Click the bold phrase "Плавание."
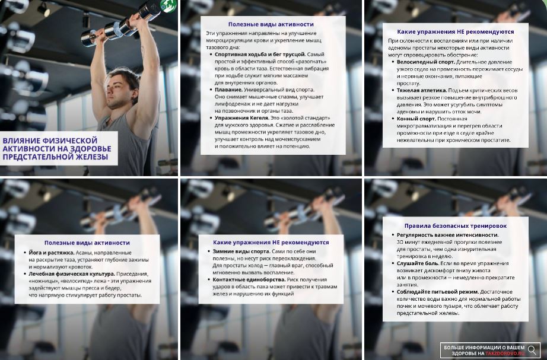(x=228, y=90)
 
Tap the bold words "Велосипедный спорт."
(x=425, y=62)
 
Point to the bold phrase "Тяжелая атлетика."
(x=421, y=90)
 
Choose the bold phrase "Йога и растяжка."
(x=51, y=253)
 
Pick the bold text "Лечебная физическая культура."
(x=72, y=274)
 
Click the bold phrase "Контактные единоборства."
(x=249, y=279)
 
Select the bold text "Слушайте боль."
(x=418, y=263)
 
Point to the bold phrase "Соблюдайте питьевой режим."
(x=437, y=292)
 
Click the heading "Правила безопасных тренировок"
(x=455, y=226)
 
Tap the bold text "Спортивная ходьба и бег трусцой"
(x=259, y=55)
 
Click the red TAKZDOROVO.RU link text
(x=505, y=353)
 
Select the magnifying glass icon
(x=532, y=350)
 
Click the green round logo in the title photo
(x=168, y=5)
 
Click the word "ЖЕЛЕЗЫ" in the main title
(x=90, y=157)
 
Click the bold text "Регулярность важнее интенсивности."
(x=447, y=235)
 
